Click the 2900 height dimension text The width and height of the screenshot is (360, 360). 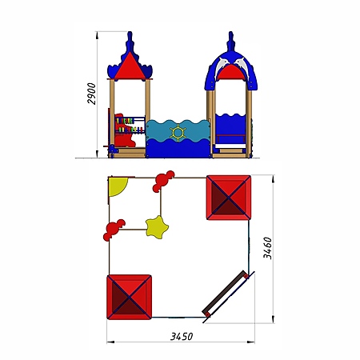click(92, 94)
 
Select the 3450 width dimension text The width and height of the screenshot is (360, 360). click(182, 336)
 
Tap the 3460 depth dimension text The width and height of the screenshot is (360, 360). click(267, 248)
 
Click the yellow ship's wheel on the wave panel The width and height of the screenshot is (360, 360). click(178, 132)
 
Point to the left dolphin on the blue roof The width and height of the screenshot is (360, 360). click(222, 66)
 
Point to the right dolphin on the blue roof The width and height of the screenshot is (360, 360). click(241, 66)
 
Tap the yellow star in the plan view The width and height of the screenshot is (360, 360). click(157, 227)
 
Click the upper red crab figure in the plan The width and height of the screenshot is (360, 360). click(163, 181)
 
